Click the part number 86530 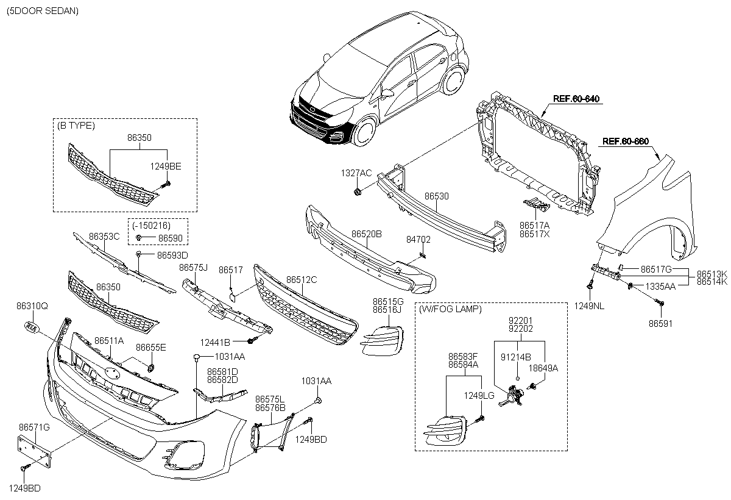tap(436, 196)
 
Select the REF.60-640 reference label tap(576, 99)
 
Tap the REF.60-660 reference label tap(625, 141)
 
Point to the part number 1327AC tap(356, 173)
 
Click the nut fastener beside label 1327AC tap(358, 191)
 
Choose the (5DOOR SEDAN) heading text tap(43, 11)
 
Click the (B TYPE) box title tap(76, 126)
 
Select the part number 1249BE tap(166, 166)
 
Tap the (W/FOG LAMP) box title tap(450, 309)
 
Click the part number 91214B tap(515, 357)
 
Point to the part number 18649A tap(543, 368)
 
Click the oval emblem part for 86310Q tap(31, 327)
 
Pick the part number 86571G tap(34, 427)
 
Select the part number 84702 tap(418, 240)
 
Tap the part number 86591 tap(660, 323)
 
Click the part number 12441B tap(215, 342)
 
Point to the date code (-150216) tap(152, 226)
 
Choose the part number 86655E tap(151, 347)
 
